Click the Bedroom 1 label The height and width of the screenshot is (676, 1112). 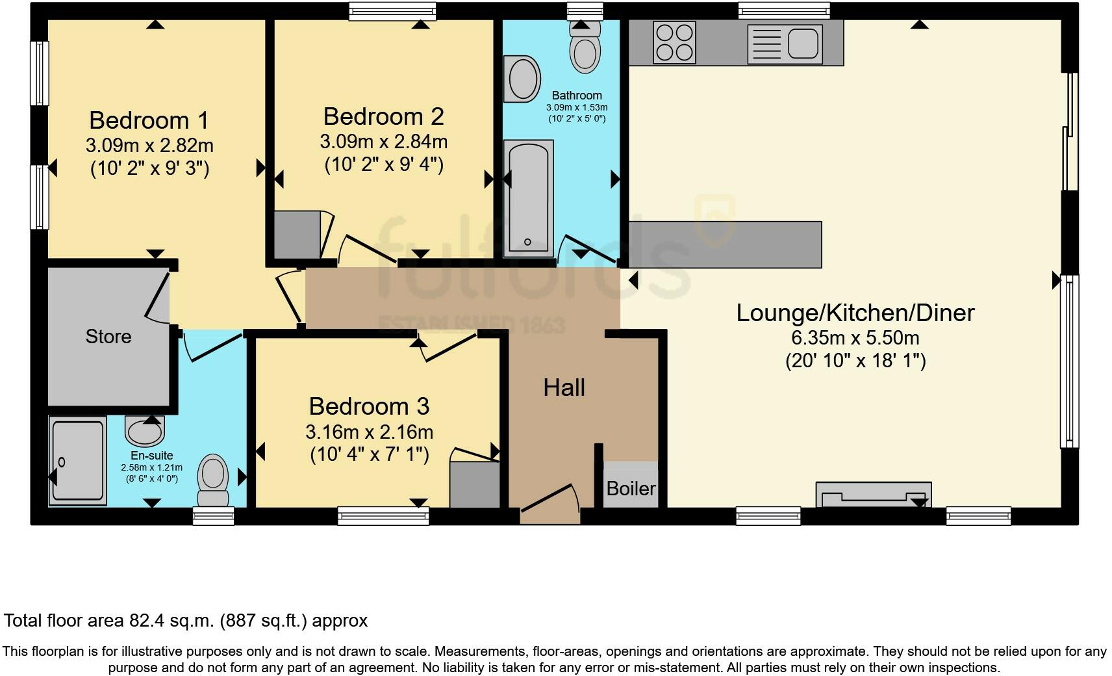[149, 120]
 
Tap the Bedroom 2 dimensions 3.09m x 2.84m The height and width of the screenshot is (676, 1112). [383, 141]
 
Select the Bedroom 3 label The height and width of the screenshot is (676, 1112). [369, 406]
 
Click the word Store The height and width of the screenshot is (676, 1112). [108, 336]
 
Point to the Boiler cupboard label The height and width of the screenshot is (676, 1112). [631, 488]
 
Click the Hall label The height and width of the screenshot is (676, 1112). [564, 388]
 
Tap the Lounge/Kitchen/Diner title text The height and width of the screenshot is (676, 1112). [855, 313]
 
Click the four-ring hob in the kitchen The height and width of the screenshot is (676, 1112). [674, 42]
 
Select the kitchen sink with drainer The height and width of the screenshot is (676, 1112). [785, 44]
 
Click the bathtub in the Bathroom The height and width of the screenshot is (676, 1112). [528, 198]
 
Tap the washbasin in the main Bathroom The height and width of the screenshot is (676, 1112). [522, 79]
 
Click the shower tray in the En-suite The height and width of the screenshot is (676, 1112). [78, 461]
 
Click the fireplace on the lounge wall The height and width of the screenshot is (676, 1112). [873, 495]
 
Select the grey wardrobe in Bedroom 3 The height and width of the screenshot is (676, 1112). [474, 484]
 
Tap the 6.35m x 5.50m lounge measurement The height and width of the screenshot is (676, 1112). [855, 338]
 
